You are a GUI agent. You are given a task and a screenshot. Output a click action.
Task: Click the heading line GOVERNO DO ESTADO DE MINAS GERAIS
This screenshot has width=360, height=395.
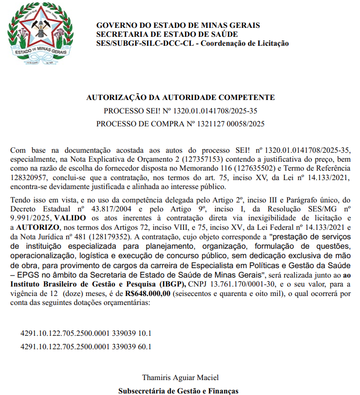(x=178, y=25)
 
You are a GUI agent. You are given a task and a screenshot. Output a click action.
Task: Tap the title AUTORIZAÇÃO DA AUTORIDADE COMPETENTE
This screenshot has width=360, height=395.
(x=180, y=98)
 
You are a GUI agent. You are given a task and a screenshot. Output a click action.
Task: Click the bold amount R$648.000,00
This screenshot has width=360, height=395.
(x=148, y=295)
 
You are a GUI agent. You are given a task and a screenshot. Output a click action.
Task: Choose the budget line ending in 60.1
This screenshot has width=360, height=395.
(x=86, y=346)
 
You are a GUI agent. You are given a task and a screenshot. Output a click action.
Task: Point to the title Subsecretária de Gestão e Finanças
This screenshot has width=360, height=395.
(x=178, y=391)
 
